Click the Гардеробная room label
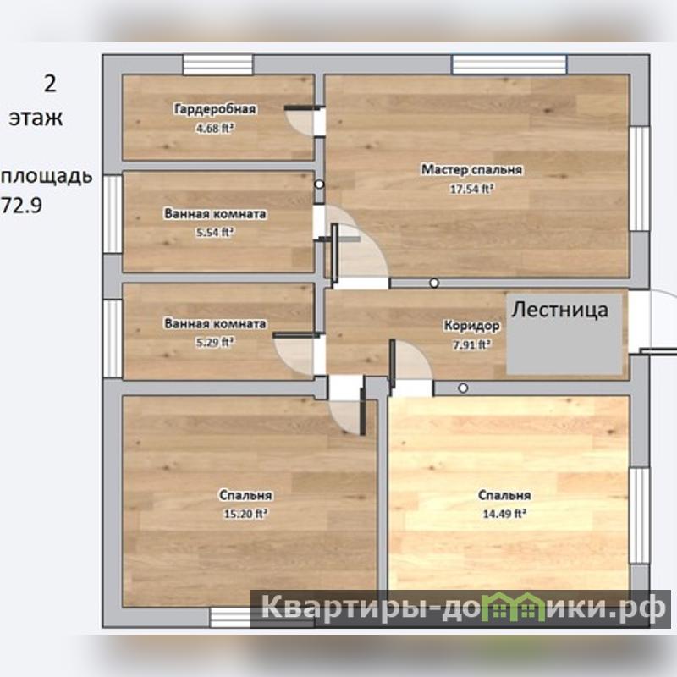click(x=215, y=109)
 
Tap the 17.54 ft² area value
click(x=472, y=189)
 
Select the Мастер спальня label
click(x=471, y=170)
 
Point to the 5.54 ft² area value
click(x=215, y=233)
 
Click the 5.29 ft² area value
click(x=215, y=343)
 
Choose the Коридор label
click(x=471, y=326)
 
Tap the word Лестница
click(x=560, y=310)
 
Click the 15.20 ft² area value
click(x=245, y=514)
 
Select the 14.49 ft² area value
click(x=504, y=514)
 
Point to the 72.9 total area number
click(x=23, y=205)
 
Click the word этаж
click(x=36, y=118)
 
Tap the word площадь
click(x=47, y=177)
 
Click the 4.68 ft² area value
click(x=215, y=129)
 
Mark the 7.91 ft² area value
click(x=471, y=344)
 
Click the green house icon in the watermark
click(x=513, y=607)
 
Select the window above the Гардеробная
click(x=217, y=65)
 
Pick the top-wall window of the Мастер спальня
click(x=509, y=65)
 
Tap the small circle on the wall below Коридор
click(x=463, y=388)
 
